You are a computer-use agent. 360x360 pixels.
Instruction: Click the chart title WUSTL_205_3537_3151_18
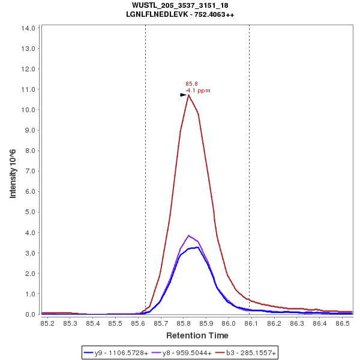click(x=180, y=5)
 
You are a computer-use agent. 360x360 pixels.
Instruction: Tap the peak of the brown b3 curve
click(x=188, y=95)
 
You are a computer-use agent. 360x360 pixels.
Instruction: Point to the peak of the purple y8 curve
click(x=188, y=235)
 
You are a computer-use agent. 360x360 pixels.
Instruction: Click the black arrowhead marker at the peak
click(x=184, y=95)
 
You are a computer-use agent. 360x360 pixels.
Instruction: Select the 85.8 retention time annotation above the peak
click(x=191, y=84)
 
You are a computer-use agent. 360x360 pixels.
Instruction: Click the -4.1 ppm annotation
click(x=198, y=91)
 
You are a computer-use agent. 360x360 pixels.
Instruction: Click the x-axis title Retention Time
click(x=197, y=335)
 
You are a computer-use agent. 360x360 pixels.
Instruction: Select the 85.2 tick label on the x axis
click(x=47, y=323)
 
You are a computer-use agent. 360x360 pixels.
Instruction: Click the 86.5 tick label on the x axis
click(x=343, y=323)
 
